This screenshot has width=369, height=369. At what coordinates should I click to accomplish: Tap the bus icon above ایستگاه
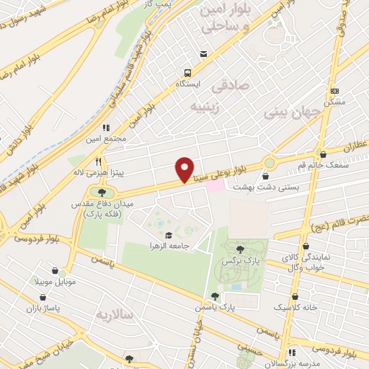pyautogui.click(x=188, y=72)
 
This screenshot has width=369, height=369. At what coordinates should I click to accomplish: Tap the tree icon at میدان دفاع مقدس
pyautogui.click(x=102, y=192)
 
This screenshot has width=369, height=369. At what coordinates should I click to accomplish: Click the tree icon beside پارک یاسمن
pyautogui.click(x=215, y=296)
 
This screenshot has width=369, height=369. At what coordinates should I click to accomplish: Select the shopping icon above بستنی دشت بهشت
pyautogui.click(x=267, y=174)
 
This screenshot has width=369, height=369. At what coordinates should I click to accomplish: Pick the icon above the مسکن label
pyautogui.click(x=334, y=92)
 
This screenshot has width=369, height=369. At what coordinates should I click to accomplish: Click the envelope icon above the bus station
pyautogui.click(x=203, y=54)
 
